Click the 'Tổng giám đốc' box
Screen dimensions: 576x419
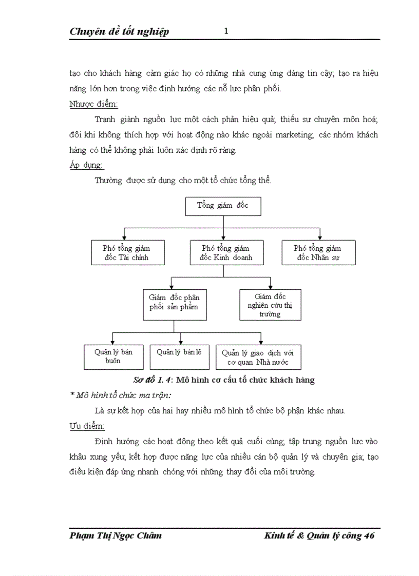223,206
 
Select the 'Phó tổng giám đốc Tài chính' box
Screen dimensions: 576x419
128,253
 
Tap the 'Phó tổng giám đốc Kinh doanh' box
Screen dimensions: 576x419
226,253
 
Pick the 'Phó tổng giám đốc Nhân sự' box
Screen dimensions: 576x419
318,253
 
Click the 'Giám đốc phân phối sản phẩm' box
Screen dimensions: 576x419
175,305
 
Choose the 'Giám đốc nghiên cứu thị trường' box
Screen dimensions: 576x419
270,305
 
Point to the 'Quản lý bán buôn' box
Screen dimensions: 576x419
113,356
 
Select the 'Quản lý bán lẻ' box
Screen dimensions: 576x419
179,356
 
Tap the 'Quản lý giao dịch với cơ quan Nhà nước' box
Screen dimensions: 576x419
258,357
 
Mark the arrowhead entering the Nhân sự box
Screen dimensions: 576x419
320,237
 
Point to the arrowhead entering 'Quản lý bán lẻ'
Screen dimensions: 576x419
180,342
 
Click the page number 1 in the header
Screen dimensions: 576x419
226,31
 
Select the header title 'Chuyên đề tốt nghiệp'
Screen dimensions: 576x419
119,32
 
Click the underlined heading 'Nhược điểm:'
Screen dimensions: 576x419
93,104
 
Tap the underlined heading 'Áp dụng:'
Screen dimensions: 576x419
86,165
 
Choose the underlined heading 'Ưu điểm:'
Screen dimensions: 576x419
87,426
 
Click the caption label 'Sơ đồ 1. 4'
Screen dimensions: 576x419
151,380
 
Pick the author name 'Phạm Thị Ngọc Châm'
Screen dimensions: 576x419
116,535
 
